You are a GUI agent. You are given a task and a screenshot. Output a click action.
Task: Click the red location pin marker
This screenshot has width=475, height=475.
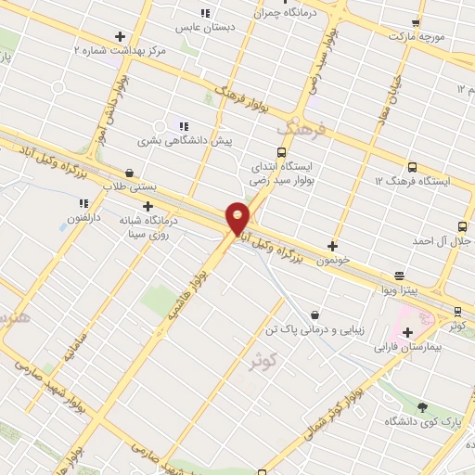tap(237, 217)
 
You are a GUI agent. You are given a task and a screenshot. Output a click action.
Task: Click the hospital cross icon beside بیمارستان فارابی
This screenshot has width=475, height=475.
tap(408, 331)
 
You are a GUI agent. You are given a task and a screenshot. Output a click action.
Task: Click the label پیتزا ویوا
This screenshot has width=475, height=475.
tap(400, 290)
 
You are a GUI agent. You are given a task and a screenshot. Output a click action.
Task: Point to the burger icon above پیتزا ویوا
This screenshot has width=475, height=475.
tap(399, 276)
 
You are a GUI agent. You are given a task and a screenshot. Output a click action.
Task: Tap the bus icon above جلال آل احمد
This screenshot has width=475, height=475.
tap(462, 226)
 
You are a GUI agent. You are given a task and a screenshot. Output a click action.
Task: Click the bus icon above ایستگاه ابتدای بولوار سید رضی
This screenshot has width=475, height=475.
tap(282, 152)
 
